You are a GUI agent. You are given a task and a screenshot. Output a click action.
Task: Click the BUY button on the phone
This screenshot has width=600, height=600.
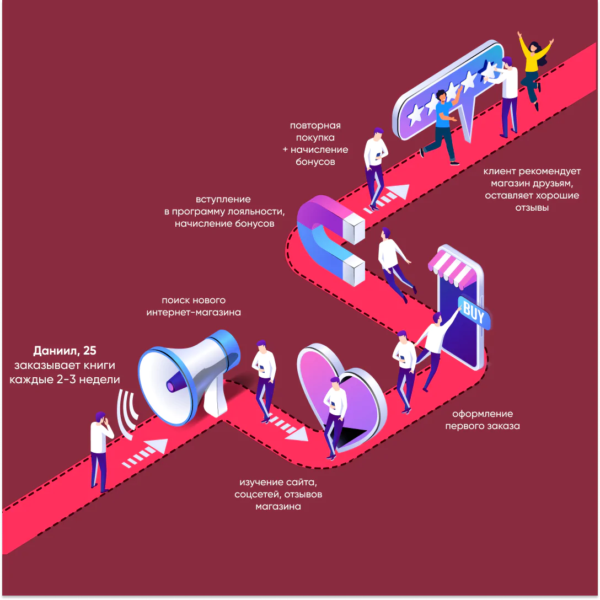[x=473, y=311]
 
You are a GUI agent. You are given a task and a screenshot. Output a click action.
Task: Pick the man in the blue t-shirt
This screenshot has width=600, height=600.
[x=443, y=124]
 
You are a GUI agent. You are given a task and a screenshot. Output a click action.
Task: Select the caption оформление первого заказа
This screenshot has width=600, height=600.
[x=482, y=420]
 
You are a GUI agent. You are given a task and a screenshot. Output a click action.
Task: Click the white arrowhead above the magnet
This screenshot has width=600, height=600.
[x=401, y=192]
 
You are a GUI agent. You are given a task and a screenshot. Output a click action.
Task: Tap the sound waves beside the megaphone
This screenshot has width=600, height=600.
[x=128, y=415]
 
